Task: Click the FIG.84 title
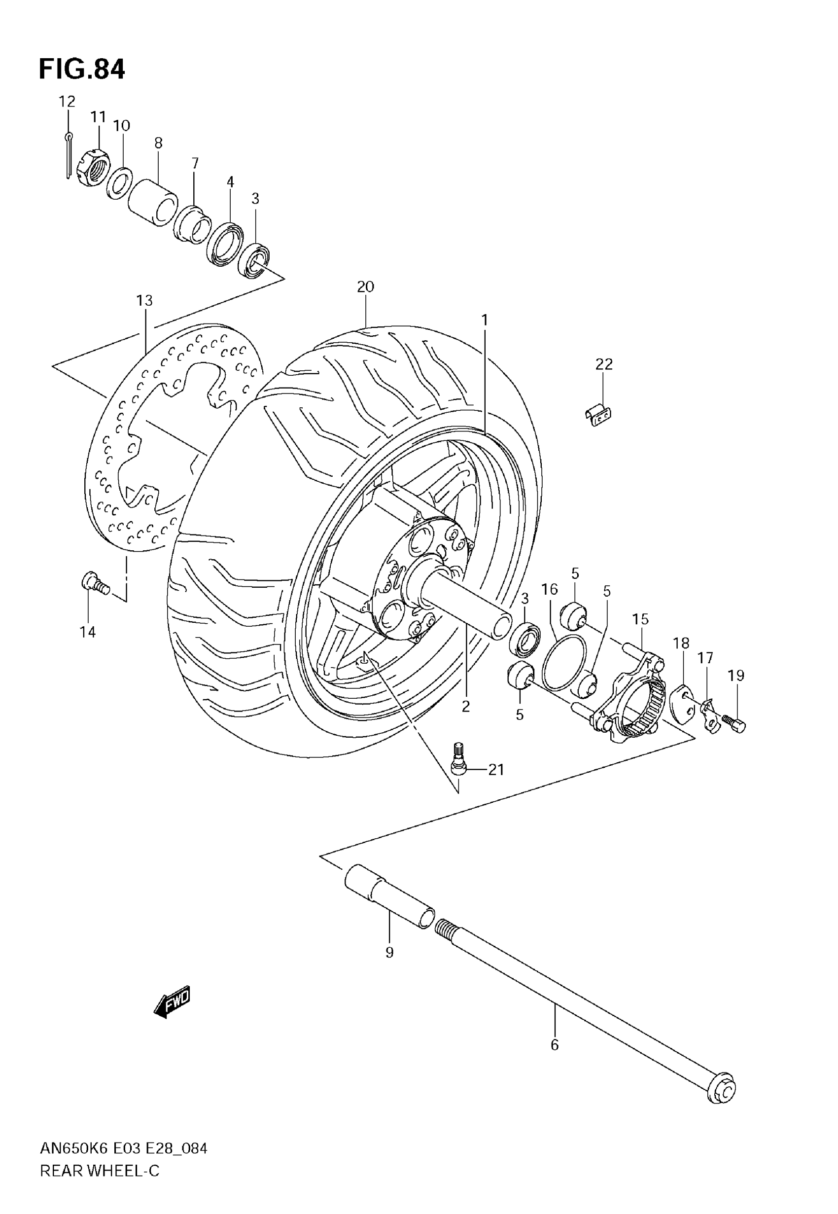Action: point(82,70)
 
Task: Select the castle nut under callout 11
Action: point(94,168)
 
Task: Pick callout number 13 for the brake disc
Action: point(144,300)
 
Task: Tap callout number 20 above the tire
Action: point(365,286)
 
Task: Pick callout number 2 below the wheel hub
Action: point(466,707)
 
